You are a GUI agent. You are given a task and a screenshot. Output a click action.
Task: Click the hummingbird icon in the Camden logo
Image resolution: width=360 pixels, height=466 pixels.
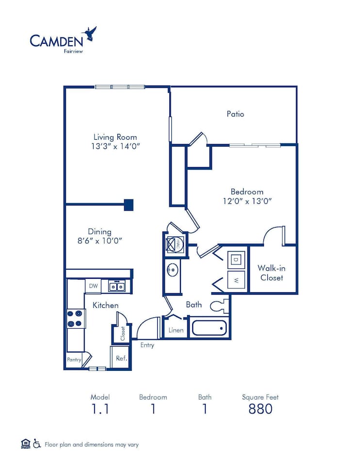coord(90,33)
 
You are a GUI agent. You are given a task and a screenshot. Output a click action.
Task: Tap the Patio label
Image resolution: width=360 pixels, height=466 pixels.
coord(235,114)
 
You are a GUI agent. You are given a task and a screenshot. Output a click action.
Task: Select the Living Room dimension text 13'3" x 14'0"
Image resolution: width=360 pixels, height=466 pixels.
coord(115,146)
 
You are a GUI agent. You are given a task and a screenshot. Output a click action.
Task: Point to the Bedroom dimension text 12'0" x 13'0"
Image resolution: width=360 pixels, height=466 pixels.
coord(247,201)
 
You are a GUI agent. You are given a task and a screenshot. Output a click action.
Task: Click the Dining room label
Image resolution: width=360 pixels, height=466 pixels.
coord(99,232)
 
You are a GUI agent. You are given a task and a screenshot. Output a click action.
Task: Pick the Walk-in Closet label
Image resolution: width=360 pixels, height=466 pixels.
coord(271,273)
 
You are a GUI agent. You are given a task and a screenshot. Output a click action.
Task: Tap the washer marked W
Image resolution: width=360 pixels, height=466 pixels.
coord(236,280)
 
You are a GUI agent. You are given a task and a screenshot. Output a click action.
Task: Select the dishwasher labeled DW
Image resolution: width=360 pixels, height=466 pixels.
coord(93,286)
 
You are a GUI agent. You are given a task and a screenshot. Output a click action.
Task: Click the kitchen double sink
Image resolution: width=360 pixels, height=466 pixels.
coord(116,286)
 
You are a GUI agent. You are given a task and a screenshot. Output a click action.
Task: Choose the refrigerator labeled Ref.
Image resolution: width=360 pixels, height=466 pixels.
coord(121,358)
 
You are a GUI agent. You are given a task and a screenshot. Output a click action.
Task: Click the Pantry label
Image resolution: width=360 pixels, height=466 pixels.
coord(74,360)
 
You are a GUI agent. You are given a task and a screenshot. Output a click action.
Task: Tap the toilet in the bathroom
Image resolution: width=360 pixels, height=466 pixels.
coord(220,306)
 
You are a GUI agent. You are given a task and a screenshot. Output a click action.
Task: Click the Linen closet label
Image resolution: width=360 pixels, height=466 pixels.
coord(176,330)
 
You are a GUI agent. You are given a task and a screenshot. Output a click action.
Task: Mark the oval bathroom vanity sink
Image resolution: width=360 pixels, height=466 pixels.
coord(172,270)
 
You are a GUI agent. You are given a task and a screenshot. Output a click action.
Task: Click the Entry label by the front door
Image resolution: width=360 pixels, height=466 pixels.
coord(147,345)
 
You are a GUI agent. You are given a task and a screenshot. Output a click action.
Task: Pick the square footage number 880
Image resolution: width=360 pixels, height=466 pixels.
coord(260,409)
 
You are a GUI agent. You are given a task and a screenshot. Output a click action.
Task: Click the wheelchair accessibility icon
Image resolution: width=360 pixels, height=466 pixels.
coord(37,444)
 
